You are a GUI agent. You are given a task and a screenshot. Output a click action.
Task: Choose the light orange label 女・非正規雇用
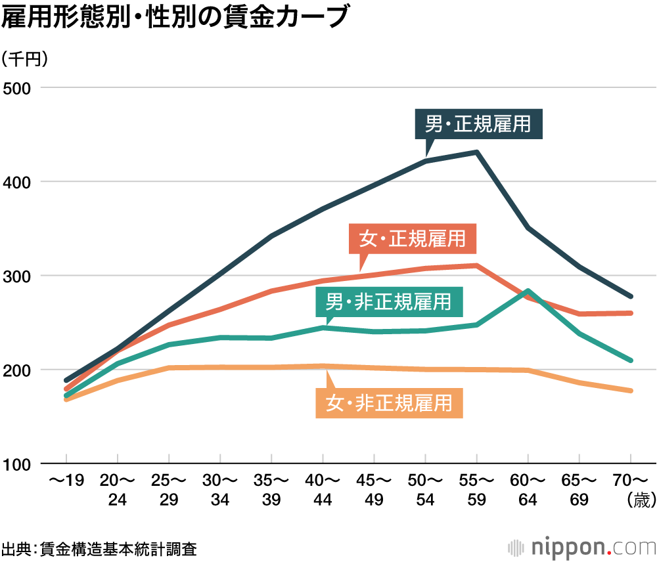pyautogui.click(x=390, y=401)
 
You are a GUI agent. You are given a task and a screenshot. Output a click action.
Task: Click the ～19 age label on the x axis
pyautogui.click(x=66, y=482)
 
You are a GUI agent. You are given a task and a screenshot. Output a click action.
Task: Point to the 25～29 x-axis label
pyautogui.click(x=169, y=490)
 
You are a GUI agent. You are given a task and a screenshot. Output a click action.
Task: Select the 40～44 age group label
pyautogui.click(x=323, y=490)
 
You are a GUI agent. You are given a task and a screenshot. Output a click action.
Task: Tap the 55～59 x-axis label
pyautogui.click(x=477, y=490)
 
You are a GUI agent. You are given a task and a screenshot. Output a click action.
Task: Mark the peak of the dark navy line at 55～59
pyautogui.click(x=477, y=152)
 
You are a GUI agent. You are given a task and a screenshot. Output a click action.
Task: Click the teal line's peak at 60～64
pyautogui.click(x=528, y=291)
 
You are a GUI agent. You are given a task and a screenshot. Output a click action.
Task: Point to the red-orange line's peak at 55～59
pyautogui.click(x=477, y=265)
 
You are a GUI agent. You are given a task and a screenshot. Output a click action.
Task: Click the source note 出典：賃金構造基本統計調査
pyautogui.click(x=99, y=548)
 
